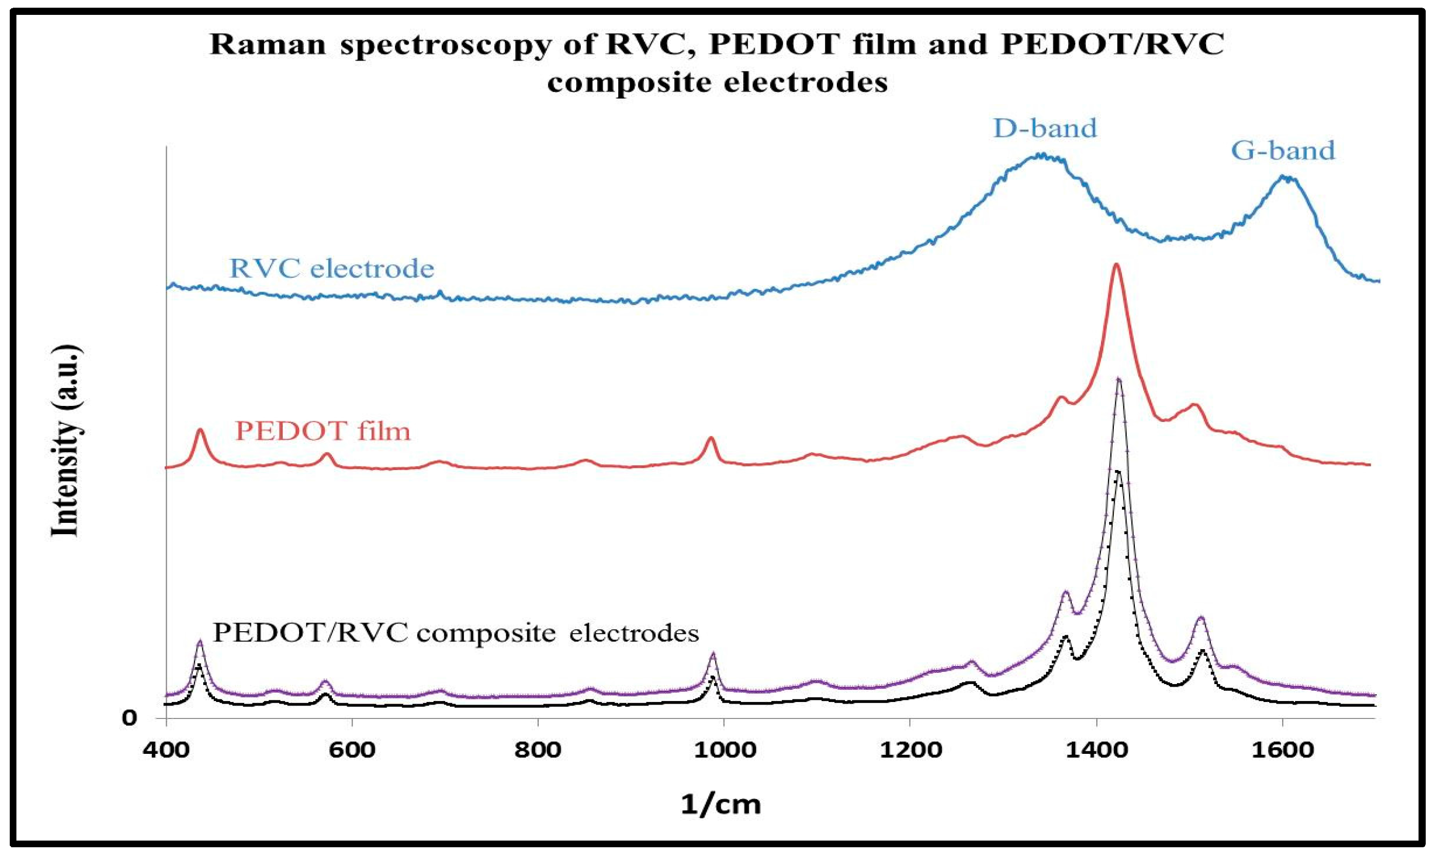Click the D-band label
(1045, 128)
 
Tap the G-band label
(1284, 151)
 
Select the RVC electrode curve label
(331, 268)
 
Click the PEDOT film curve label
(323, 431)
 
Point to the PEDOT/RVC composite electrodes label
(456, 633)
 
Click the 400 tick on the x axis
(166, 750)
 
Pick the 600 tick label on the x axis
(351, 750)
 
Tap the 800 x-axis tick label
(538, 750)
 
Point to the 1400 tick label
(1095, 750)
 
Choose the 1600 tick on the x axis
(1282, 750)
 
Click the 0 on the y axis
(130, 718)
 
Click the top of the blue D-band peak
(1041, 155)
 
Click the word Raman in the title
(268, 45)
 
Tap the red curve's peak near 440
(200, 430)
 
